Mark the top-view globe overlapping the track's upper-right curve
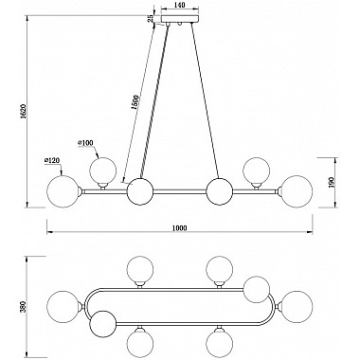click(257, 287)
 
